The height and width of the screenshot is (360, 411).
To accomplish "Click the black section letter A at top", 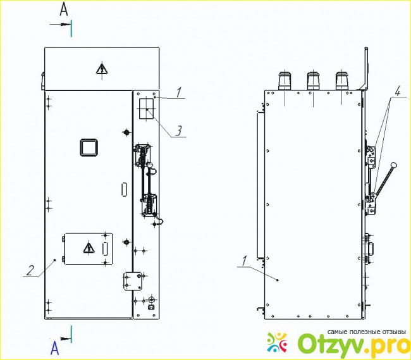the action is pos(64,9).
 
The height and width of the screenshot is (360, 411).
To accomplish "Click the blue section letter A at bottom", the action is pos(54,348).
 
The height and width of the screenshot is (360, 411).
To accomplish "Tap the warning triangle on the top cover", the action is pos(102,69).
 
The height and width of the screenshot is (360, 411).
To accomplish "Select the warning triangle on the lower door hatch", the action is pos(89,248).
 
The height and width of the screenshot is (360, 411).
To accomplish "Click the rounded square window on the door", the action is pos(89,147).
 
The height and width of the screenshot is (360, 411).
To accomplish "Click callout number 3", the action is pos(178,131).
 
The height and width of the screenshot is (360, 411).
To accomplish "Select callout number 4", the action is pos(397,92).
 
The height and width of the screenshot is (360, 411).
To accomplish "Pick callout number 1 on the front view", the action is pos(179,92).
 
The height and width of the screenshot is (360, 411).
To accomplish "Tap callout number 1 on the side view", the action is pos(244,261).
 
